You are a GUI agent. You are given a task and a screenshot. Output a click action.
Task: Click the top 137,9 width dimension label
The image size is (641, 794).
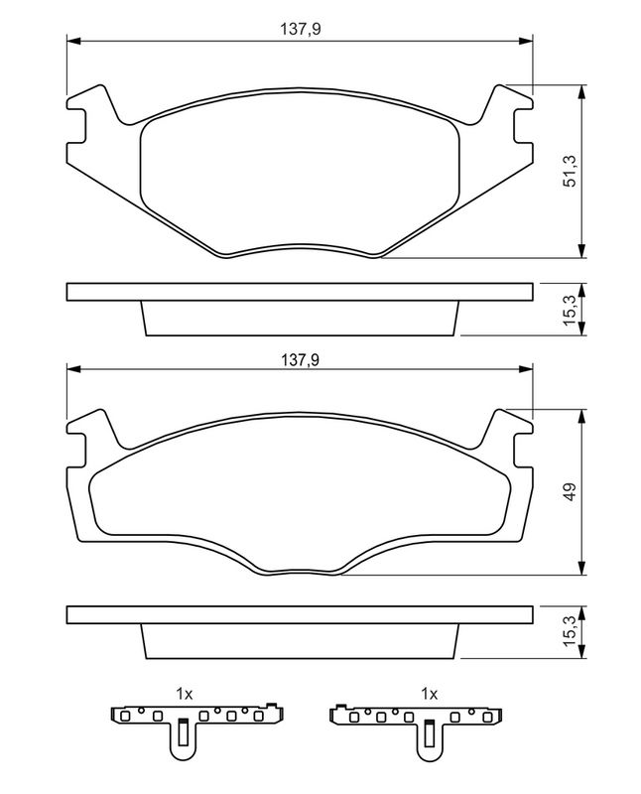pos(301,31)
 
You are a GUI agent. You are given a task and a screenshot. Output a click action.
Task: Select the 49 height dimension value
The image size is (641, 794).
pos(571,492)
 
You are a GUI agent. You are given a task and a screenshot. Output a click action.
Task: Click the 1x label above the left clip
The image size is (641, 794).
pos(183,692)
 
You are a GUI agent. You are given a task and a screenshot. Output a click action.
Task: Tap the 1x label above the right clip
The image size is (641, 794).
pos(429,692)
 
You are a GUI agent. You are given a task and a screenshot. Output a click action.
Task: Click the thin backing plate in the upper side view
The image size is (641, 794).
pos(300,292)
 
